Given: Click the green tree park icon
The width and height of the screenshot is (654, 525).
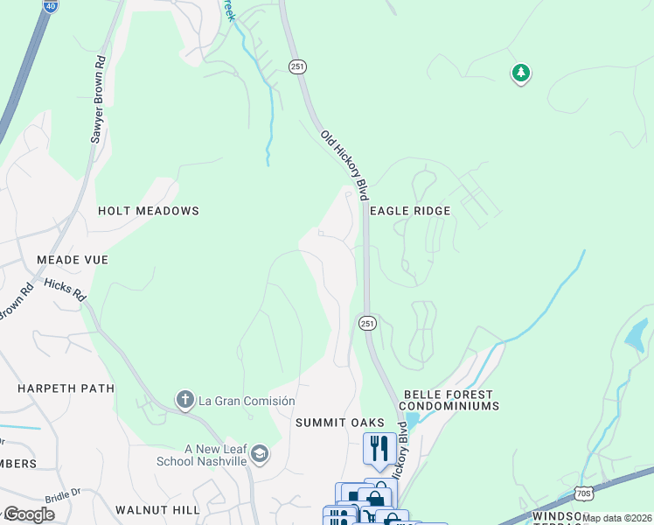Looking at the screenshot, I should point(521,73).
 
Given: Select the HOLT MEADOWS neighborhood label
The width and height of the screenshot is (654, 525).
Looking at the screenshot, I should point(149,211).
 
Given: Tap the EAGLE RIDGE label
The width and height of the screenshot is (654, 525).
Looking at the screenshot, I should point(410,211).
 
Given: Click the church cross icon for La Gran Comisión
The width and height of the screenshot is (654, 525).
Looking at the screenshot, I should point(184,400).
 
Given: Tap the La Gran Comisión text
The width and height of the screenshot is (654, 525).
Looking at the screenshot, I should point(247,401).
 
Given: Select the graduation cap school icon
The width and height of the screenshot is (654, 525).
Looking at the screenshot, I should point(260,454).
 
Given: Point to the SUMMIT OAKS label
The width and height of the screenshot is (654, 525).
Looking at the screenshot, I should point(339,423).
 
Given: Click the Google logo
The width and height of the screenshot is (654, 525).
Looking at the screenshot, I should point(28,514).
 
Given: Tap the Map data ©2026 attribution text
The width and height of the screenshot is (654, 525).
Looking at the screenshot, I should point(617,518).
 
